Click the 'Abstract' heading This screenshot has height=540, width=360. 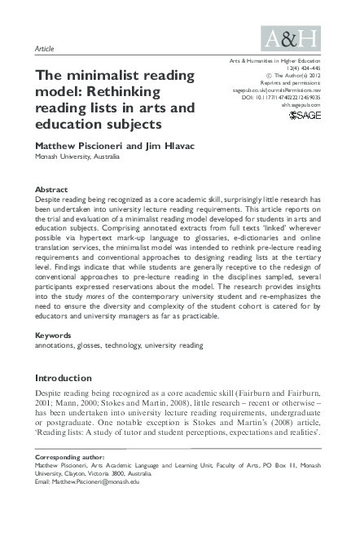click(54, 189)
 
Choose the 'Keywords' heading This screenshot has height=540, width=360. click(55, 336)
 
